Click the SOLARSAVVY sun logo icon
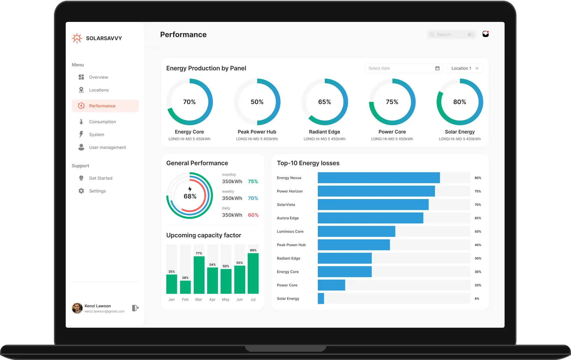point(77,38)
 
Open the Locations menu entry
point(99,90)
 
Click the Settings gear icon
point(81,191)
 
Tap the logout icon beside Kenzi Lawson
point(135,308)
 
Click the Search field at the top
point(451,35)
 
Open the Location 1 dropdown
point(464,68)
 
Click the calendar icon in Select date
point(437,68)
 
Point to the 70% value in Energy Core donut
point(189,102)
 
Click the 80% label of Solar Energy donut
point(460,102)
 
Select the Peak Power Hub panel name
point(257,132)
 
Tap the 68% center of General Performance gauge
point(190,196)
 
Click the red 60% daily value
point(253,215)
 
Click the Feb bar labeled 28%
point(185,287)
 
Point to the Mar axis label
point(199,299)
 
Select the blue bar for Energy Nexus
point(378,178)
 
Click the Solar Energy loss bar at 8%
point(321,298)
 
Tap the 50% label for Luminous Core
point(477,231)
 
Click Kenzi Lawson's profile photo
point(77,308)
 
